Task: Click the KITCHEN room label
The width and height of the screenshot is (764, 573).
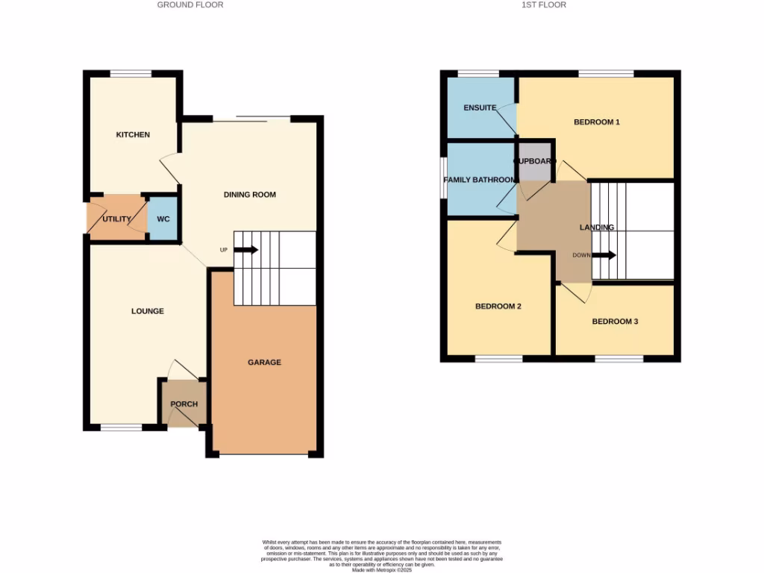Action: (x=133, y=135)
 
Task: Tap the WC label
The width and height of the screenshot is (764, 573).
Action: (x=163, y=219)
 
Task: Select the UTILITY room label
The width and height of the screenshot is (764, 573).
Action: (x=117, y=219)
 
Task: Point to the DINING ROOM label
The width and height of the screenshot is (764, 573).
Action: (x=250, y=195)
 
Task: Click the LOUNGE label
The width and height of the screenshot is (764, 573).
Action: (x=148, y=311)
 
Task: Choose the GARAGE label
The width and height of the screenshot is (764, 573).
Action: (x=264, y=363)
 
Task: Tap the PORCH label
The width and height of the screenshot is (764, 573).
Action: (x=184, y=404)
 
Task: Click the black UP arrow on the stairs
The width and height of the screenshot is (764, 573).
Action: (x=249, y=250)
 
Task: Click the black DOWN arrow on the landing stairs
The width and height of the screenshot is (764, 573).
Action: (x=606, y=255)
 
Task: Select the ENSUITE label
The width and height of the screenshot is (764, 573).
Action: (x=480, y=107)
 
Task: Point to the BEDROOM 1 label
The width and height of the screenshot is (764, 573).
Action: (x=597, y=122)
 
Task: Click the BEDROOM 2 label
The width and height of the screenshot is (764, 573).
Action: (x=498, y=306)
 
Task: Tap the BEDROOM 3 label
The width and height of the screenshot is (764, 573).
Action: (x=615, y=322)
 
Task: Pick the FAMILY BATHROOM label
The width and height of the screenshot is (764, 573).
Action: (x=479, y=180)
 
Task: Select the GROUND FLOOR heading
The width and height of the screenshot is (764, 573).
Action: (x=190, y=4)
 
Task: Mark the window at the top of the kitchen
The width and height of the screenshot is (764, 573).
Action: (x=131, y=73)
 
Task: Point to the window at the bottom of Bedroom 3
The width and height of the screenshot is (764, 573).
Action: (x=619, y=359)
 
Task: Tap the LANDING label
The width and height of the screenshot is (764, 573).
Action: (x=597, y=228)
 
